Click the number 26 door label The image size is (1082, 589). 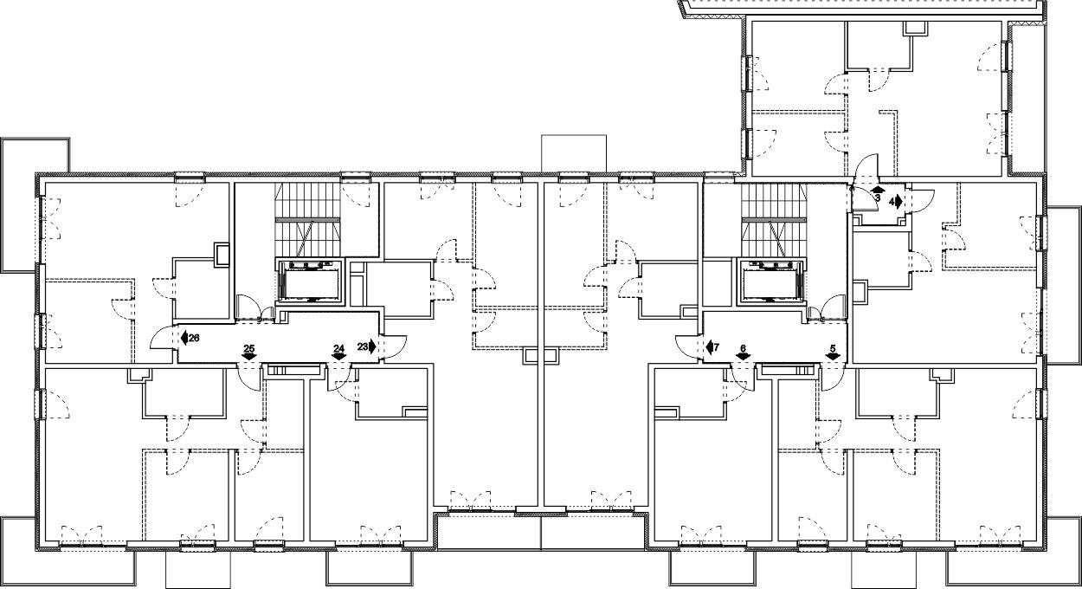coord(194,338)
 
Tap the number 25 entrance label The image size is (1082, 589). coord(249,348)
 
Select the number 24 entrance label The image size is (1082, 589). coord(339,348)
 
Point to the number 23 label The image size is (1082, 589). coord(363,346)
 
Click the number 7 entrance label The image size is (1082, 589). coord(717,347)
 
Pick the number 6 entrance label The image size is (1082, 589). coord(743,348)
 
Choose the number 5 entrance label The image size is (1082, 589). coord(833,348)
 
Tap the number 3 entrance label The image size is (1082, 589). coord(878,197)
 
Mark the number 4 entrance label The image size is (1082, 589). coord(892,202)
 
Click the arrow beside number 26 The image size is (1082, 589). coord(184,338)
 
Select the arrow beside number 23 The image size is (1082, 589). coord(373,346)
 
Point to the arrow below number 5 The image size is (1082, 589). coord(833,357)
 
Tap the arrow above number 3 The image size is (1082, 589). coord(878,190)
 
